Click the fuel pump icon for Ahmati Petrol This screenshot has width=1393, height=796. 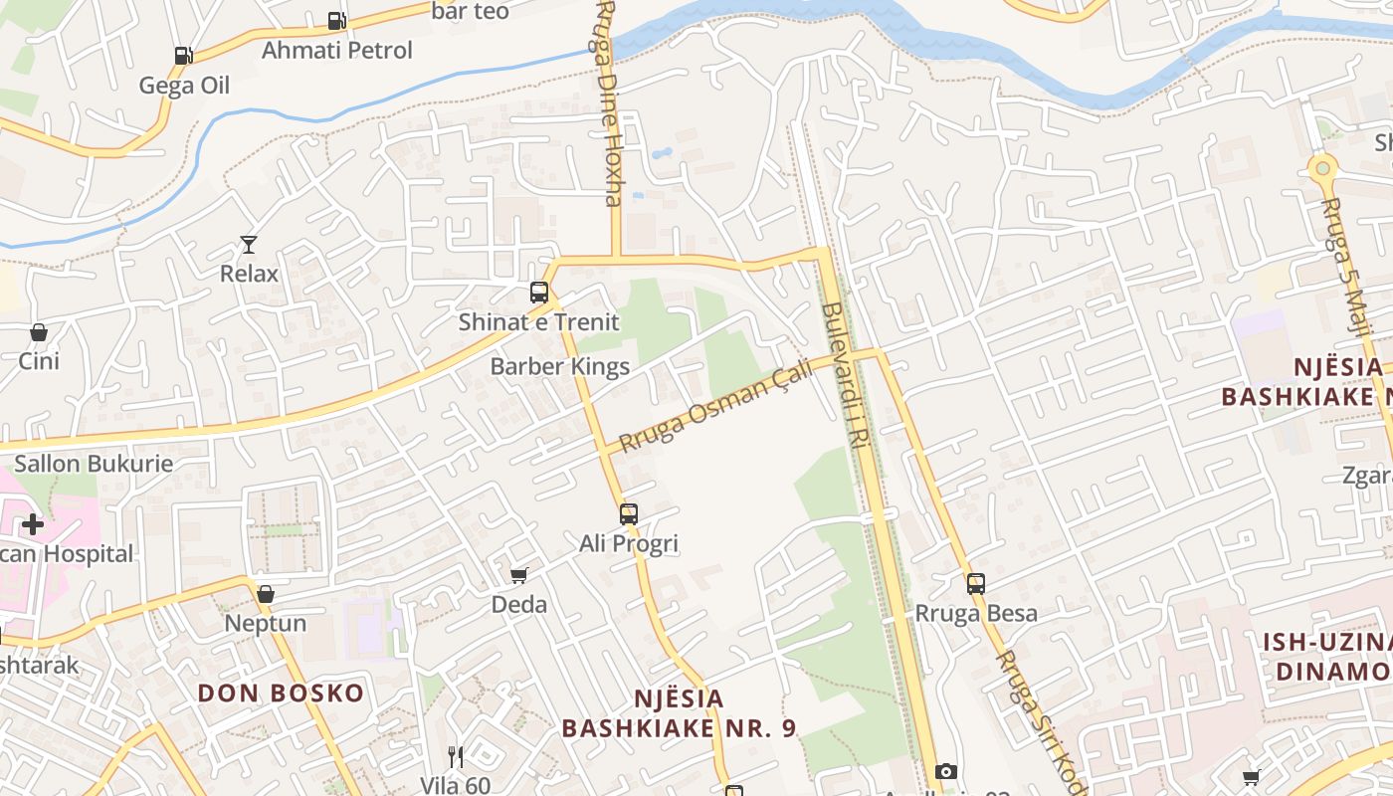tap(336, 20)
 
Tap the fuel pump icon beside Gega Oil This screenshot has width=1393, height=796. tap(183, 56)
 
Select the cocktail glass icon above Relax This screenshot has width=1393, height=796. tap(248, 244)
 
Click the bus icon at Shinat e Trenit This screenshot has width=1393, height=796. tap(539, 293)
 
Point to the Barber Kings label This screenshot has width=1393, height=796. tap(559, 366)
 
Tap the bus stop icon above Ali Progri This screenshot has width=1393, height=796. tap(629, 513)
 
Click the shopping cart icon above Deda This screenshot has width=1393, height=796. tap(518, 575)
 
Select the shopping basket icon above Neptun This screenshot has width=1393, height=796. tap(266, 594)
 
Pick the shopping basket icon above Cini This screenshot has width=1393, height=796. tap(39, 331)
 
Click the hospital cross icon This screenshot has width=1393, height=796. tap(33, 523)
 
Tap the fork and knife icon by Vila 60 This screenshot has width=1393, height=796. tap(456, 757)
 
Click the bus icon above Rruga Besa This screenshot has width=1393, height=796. tap(976, 584)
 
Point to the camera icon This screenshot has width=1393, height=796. tap(946, 771)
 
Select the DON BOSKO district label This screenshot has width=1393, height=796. tap(281, 693)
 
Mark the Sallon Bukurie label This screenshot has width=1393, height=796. tap(94, 463)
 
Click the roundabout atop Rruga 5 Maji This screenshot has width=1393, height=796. tap(1322, 168)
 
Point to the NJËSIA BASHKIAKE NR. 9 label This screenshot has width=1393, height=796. tap(679, 713)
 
